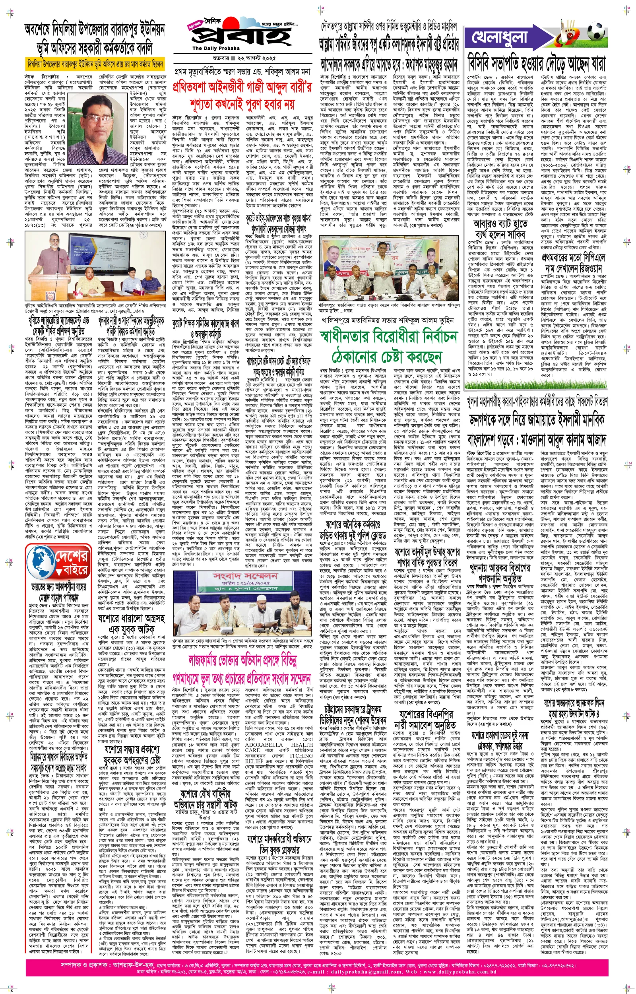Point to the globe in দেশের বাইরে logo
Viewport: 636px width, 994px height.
tap(42, 561)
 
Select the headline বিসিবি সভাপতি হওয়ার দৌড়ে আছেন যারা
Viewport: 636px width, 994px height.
tap(537, 64)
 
